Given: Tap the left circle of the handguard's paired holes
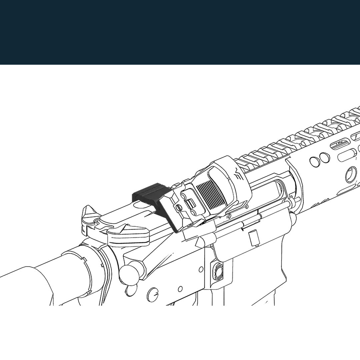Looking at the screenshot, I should click(314, 162).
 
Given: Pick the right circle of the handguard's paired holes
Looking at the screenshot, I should click(324, 158).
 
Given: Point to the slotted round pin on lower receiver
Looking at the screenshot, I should click(152, 294).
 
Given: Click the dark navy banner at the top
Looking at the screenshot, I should click(180, 32).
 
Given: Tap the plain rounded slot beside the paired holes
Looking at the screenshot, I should click(347, 156).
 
